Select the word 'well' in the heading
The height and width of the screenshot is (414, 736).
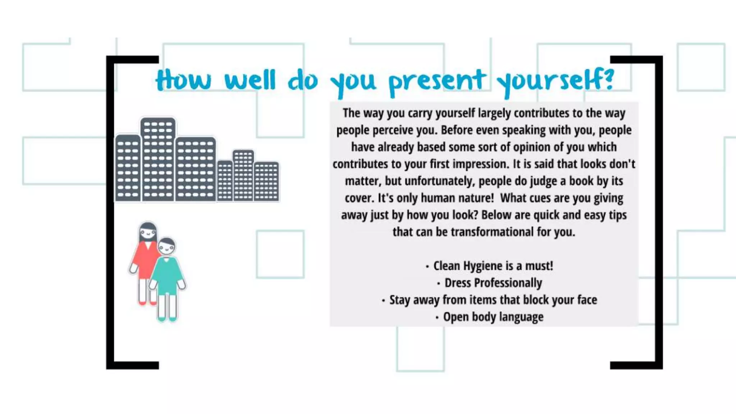pyautogui.click(x=250, y=80)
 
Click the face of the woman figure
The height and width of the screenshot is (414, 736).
pyautogui.click(x=148, y=233)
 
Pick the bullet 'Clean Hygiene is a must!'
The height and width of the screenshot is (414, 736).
pyautogui.click(x=493, y=266)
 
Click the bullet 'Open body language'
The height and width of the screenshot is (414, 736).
pyautogui.click(x=493, y=317)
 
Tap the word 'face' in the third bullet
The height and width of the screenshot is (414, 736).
pyautogui.click(x=587, y=300)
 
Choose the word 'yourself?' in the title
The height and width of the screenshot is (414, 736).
pyautogui.click(x=555, y=81)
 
